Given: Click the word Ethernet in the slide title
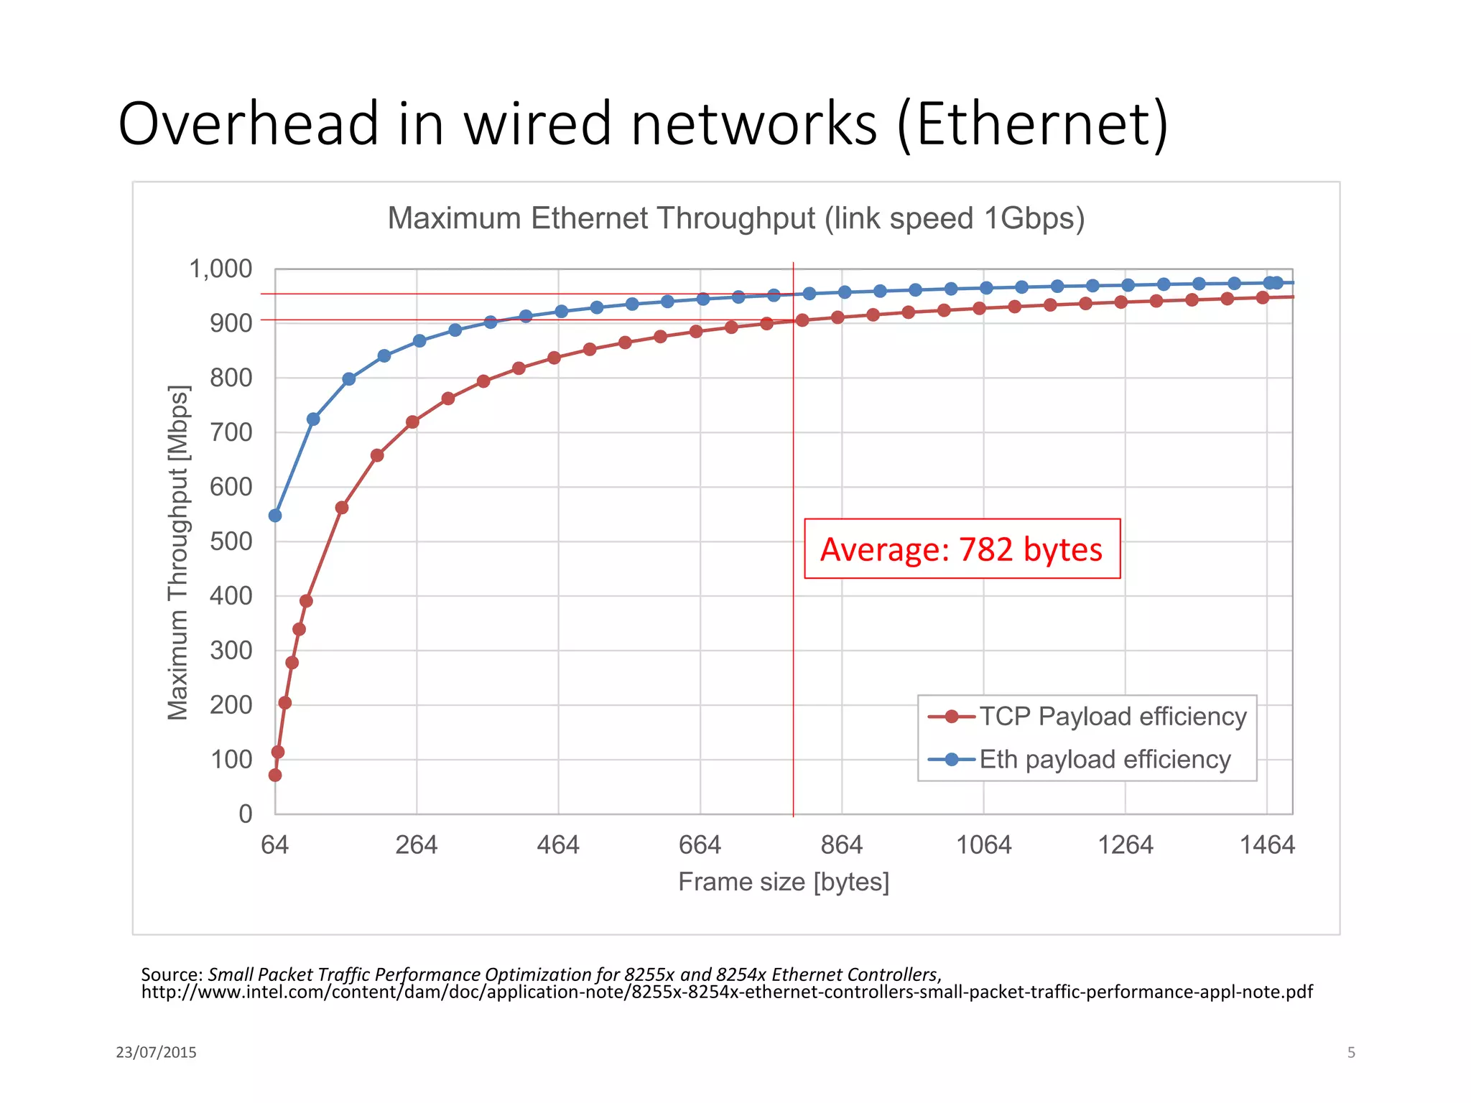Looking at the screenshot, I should point(1033,124).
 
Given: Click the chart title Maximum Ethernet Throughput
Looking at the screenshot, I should point(735,218).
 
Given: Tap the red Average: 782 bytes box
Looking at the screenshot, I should point(962,549).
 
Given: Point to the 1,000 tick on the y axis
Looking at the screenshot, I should point(221,269).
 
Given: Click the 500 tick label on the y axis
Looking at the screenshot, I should point(231,541).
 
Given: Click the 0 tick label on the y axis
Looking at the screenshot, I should point(246,814).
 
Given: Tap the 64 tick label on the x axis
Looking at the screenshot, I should point(274,845).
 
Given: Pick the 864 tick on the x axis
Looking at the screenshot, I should point(842,845).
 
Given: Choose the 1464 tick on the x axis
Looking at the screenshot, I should point(1267,845).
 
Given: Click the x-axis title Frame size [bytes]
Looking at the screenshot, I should point(784,882).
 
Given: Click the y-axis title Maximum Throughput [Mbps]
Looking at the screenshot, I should point(177,552).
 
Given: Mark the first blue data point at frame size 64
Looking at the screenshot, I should point(275,516).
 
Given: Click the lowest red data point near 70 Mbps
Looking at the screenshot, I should point(275,775).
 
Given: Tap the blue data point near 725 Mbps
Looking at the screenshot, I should point(313,419).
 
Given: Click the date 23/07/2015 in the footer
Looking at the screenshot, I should point(156,1053).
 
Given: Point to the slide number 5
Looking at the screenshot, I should point(1351,1053).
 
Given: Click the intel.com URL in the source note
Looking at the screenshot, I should point(726,992).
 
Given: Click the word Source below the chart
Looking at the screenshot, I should point(171,974).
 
